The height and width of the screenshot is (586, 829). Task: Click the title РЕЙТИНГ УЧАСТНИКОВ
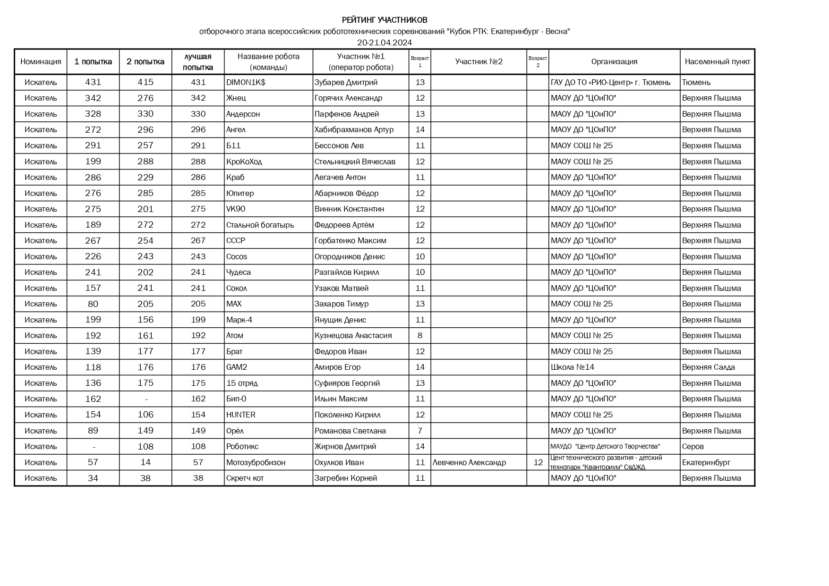pyautogui.click(x=385, y=20)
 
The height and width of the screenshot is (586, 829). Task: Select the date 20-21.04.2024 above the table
pyautogui.click(x=385, y=42)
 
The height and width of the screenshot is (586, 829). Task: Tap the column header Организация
pyautogui.click(x=614, y=61)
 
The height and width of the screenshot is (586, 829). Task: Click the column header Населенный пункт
pyautogui.click(x=717, y=61)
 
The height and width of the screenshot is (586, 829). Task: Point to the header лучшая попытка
pyautogui.click(x=197, y=61)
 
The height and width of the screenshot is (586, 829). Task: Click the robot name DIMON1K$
pyautogui.click(x=246, y=82)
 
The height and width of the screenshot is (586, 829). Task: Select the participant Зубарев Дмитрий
pyautogui.click(x=346, y=82)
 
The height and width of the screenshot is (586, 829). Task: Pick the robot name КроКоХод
pyautogui.click(x=244, y=161)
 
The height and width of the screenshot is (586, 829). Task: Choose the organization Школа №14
pyautogui.click(x=573, y=367)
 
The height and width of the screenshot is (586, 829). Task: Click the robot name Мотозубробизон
pyautogui.click(x=256, y=462)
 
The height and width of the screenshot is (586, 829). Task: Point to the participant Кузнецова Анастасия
pyautogui.click(x=353, y=335)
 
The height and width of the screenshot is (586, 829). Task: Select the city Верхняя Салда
pyautogui.click(x=708, y=367)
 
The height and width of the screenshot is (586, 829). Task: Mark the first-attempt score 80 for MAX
pyautogui.click(x=93, y=304)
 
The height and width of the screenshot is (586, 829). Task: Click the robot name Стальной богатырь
pyautogui.click(x=260, y=225)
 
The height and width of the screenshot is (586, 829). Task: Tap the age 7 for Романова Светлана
pyautogui.click(x=420, y=431)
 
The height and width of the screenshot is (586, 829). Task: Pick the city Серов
pyautogui.click(x=692, y=446)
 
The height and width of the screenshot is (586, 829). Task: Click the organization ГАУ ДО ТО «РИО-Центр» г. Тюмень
pyautogui.click(x=610, y=82)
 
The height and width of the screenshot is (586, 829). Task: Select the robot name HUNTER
pyautogui.click(x=240, y=415)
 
